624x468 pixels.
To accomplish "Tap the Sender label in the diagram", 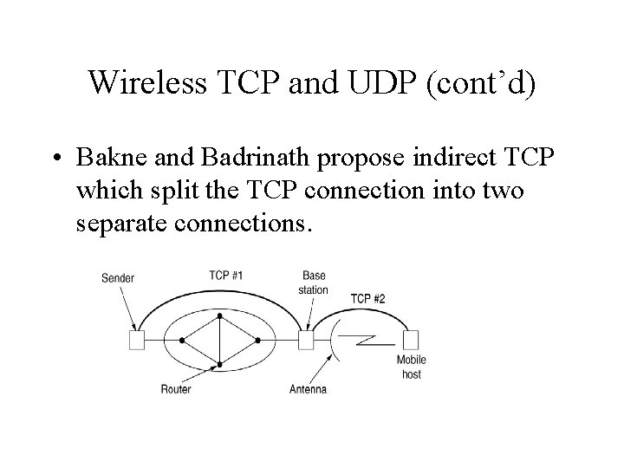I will (x=118, y=278).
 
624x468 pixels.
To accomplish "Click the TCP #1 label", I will (x=225, y=275).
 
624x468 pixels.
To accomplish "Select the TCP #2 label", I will (x=367, y=299).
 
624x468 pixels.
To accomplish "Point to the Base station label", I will (x=313, y=283).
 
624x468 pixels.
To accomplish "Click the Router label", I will (x=176, y=389).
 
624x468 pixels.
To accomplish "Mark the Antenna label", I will (x=308, y=389).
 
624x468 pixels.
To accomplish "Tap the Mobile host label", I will (x=412, y=367).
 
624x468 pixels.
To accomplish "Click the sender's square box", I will (x=136, y=341).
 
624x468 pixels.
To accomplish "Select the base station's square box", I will (x=306, y=341).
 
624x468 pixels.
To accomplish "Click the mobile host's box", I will (x=411, y=340).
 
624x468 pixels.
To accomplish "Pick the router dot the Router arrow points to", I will (x=220, y=365).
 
